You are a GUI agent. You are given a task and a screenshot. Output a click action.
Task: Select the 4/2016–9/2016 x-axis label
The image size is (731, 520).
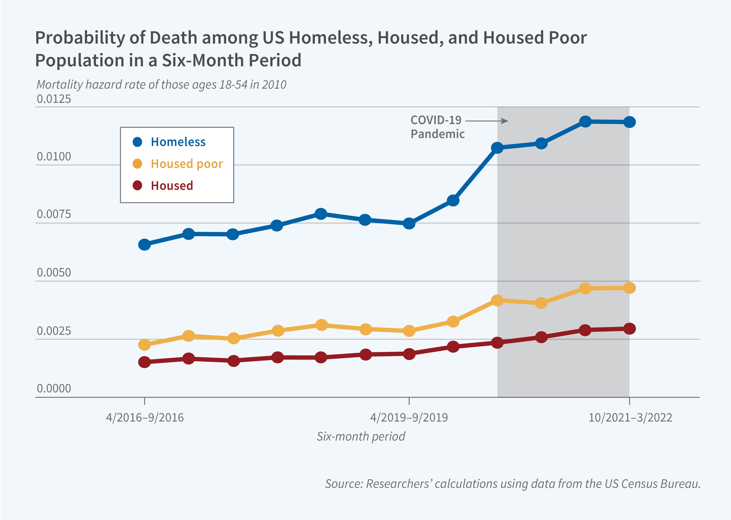[145, 418]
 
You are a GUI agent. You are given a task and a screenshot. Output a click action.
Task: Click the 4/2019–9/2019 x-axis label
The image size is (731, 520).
[409, 418]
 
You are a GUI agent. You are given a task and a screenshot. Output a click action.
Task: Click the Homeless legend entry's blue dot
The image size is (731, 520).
[137, 142]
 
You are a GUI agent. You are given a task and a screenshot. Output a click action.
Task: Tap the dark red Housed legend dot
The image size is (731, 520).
[137, 185]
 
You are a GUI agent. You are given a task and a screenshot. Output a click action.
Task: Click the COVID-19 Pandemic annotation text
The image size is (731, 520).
[437, 127]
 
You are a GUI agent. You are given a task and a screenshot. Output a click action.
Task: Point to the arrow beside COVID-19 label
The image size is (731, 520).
[486, 121]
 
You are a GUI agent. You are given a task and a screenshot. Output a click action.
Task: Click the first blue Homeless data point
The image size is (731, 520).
[144, 245]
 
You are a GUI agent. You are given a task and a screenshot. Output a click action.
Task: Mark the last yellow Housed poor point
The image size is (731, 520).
[629, 288]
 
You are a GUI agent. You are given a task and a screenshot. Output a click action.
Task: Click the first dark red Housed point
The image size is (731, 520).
[144, 362]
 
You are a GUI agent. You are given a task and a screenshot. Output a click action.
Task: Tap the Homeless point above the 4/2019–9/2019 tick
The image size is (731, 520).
[409, 223]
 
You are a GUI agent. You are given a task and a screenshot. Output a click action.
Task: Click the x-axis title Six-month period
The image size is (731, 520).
[361, 436]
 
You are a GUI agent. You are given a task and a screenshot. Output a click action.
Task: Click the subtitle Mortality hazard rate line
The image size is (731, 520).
[161, 84]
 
